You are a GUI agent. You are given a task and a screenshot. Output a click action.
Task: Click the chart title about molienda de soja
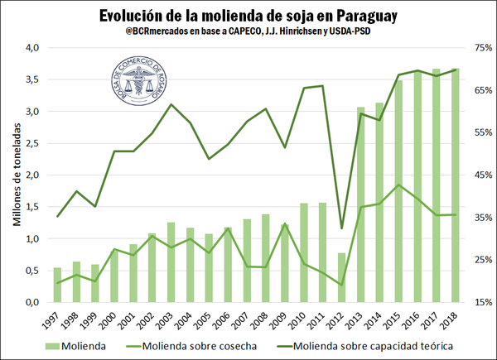tap(248, 16)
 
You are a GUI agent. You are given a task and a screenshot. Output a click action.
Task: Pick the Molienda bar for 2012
tap(341, 277)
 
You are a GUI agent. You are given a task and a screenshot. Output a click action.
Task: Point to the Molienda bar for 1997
tap(57, 285)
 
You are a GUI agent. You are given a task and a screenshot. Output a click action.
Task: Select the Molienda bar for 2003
tap(171, 262)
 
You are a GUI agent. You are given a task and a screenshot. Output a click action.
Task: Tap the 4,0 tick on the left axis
tap(32, 48)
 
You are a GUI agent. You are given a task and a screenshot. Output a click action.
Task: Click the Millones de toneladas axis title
tap(16, 175)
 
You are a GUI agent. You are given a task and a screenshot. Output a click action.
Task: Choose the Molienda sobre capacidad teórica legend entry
tap(373, 345)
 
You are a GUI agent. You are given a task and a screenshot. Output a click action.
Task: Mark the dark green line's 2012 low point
tap(341, 228)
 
